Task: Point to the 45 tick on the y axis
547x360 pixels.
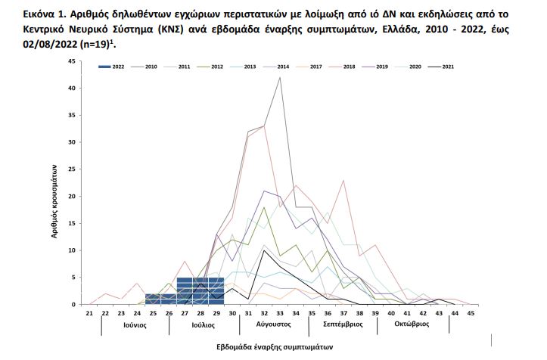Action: tap(70, 61)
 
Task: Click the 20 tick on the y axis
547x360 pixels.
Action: tap(70, 197)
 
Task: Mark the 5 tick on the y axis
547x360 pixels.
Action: tap(73, 278)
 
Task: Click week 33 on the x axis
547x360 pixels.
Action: tap(280, 312)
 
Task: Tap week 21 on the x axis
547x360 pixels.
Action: tap(89, 312)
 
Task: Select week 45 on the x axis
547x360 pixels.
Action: tap(470, 312)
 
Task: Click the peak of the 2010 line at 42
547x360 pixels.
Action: tap(280, 77)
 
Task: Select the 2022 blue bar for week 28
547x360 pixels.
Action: tap(201, 291)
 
